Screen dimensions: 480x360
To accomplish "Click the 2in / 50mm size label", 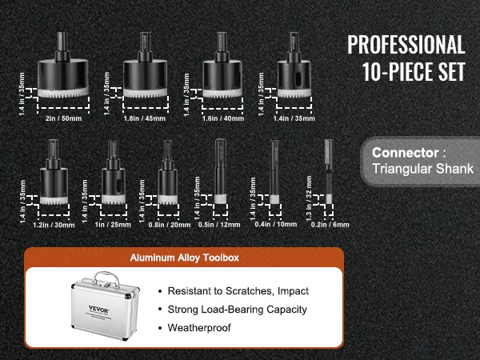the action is tap(64, 118).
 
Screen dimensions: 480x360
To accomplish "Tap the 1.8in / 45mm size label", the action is tap(145, 118).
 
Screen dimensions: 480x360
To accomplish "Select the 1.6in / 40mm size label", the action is tap(223, 118).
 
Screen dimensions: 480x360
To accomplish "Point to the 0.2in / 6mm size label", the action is tap(330, 225).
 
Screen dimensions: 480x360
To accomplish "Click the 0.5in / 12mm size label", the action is tap(219, 225).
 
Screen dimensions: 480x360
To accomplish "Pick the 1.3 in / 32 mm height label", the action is tap(309, 198).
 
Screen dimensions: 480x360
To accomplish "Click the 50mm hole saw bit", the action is tap(63, 65).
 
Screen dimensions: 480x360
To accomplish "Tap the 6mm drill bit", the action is tap(329, 171).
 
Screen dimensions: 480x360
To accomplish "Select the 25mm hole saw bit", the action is tap(114, 172).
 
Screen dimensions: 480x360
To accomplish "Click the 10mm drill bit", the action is tap(274, 171).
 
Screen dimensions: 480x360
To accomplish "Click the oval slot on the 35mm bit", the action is tap(297, 79).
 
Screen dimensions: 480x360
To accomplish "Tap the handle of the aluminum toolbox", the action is tap(106, 278).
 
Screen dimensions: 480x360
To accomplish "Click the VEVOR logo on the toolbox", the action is tap(98, 309).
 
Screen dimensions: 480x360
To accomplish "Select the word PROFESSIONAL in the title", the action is tap(406, 45).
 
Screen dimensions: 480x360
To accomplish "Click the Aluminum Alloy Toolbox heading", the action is tap(184, 258).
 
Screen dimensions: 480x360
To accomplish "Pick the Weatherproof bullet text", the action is tap(199, 328).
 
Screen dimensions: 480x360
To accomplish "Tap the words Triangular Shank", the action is tap(422, 169).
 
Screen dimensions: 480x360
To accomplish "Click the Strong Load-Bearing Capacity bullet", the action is tap(238, 310).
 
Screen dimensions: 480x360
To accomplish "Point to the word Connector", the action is tap(406, 153).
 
